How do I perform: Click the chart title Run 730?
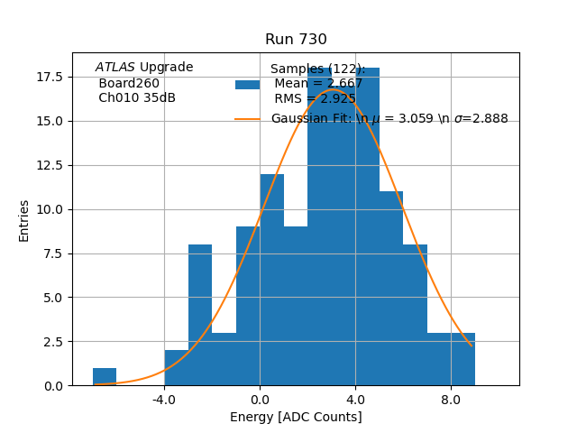296,40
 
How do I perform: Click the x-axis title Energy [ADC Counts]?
296,417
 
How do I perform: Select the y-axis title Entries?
24,220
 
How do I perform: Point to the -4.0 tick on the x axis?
164,399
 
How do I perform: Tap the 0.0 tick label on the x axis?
260,399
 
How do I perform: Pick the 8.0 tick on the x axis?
451,399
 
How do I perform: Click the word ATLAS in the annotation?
114,67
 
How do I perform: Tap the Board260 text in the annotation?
129,84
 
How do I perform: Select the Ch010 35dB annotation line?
137,98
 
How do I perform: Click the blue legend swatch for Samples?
248,85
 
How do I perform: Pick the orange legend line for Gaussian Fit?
248,119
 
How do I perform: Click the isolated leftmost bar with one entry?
105,377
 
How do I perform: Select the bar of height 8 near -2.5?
200,316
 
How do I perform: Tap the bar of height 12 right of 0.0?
272,280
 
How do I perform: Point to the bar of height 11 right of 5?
391,289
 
